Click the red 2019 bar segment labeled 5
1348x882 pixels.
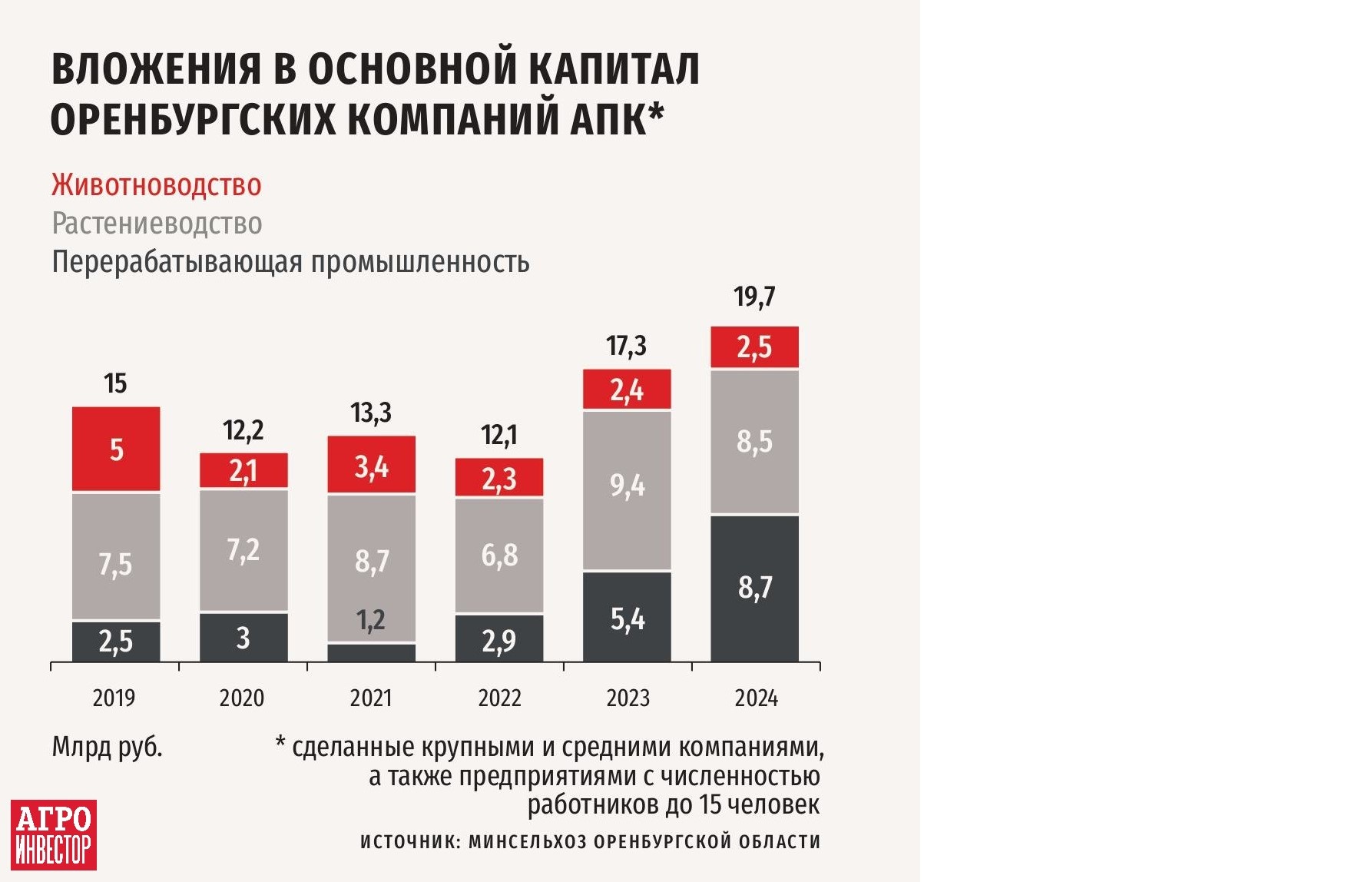116,449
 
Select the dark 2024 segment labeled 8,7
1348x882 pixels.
755,588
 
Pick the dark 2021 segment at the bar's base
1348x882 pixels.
372,652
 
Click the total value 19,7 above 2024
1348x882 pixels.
754,297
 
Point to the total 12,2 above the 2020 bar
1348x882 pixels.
243,430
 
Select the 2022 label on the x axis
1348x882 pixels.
499,698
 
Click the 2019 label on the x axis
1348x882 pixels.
114,698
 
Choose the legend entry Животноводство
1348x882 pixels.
157,185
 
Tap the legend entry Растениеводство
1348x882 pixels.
157,224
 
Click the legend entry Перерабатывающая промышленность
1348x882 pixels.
290,262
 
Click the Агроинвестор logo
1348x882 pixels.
54,834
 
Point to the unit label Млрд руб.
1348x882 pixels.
107,747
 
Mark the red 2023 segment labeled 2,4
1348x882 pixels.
627,390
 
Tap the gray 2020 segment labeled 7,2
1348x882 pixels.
243,550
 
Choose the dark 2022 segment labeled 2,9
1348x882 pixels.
499,639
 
